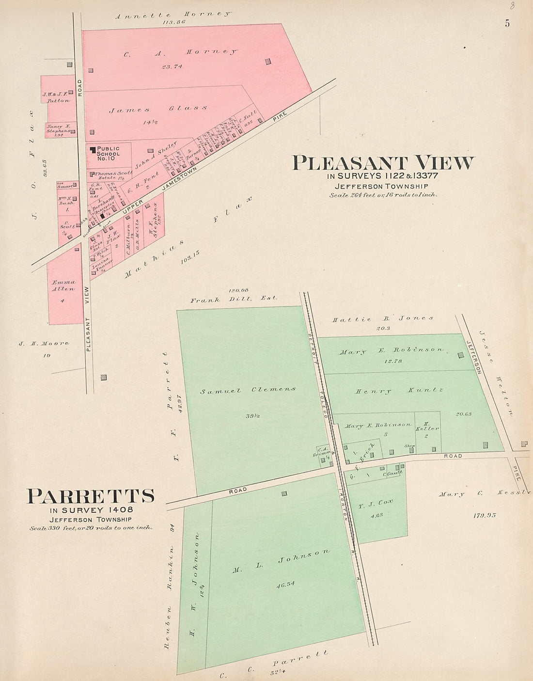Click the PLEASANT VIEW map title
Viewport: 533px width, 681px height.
pyautogui.click(x=383, y=163)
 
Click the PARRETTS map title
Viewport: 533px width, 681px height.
pyautogui.click(x=91, y=496)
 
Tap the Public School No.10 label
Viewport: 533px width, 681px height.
pyautogui.click(x=107, y=153)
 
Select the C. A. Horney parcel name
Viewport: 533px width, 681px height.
pyautogui.click(x=180, y=53)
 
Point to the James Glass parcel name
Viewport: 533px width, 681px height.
pyautogui.click(x=158, y=109)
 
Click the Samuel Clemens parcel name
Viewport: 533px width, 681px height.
pyautogui.click(x=248, y=390)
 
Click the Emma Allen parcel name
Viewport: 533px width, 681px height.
pyautogui.click(x=63, y=285)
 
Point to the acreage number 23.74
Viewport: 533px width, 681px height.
pyautogui.click(x=172, y=67)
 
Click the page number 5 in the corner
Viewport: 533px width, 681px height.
pyautogui.click(x=507, y=23)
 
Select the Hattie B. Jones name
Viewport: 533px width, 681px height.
pyautogui.click(x=383, y=319)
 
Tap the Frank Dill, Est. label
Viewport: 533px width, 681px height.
pyautogui.click(x=234, y=300)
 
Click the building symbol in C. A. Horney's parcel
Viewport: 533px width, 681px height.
pyautogui.click(x=268, y=62)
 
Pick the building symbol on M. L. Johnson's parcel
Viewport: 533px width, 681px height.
pyautogui.click(x=284, y=493)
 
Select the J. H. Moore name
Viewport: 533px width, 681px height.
pyautogui.click(x=44, y=344)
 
